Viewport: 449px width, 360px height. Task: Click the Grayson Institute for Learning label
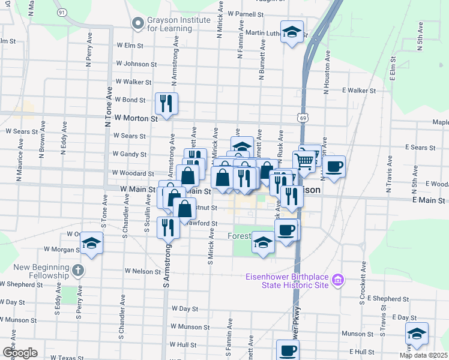coord(179,23)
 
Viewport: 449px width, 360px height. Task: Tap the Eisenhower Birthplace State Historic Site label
coord(287,280)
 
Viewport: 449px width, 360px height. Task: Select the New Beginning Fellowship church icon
coord(78,270)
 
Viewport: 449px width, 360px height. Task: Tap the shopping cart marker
coord(305,160)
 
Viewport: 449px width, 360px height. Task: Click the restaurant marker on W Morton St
coord(166,103)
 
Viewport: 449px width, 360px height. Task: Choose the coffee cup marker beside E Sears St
coord(334,166)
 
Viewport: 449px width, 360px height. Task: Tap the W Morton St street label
coord(137,118)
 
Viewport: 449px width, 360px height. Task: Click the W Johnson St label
coord(136,63)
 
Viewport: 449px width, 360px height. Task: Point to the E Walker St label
coord(358,91)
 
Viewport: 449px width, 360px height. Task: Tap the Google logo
coord(20,352)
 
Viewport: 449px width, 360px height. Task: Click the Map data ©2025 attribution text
coord(423,355)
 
